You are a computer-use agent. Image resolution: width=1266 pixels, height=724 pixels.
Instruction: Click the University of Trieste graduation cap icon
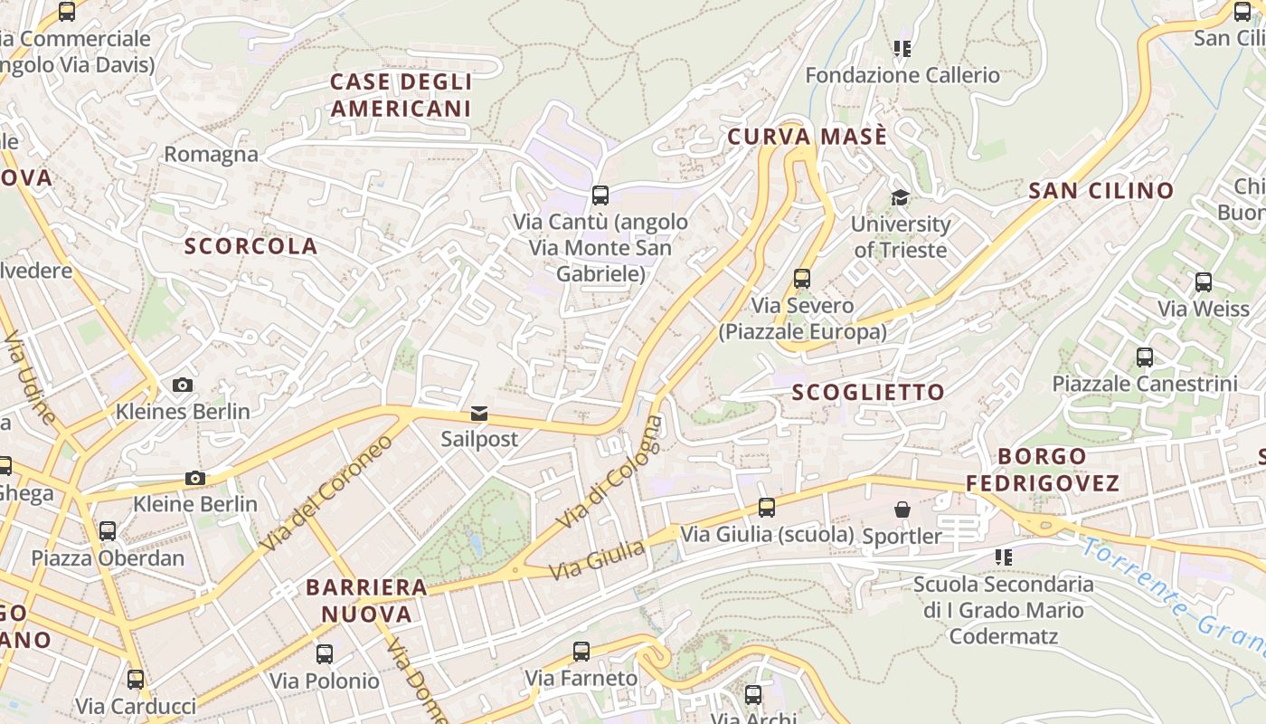coord(900,197)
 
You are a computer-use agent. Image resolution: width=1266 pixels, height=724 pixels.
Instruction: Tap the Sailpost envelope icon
coord(478,414)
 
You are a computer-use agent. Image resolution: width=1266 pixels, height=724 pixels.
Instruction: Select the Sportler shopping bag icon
coord(902,510)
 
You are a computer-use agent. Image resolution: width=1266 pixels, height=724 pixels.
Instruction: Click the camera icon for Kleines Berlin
coord(183,385)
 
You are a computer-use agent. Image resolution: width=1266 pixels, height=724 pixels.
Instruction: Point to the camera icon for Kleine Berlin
coord(194,478)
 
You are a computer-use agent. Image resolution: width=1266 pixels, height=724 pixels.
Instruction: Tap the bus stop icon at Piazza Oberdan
coord(108,531)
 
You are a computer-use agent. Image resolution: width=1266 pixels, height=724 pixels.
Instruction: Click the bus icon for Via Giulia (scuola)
coord(767,508)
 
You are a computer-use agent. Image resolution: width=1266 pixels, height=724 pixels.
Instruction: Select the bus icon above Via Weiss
coord(1203,282)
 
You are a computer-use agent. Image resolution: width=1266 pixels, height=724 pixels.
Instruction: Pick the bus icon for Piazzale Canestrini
coord(1145,357)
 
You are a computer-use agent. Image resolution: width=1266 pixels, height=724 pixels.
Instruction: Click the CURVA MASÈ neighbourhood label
coord(808,137)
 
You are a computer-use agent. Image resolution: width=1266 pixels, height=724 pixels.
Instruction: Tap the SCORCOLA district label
coord(251,246)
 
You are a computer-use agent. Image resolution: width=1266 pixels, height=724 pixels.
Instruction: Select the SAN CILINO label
coord(1101,191)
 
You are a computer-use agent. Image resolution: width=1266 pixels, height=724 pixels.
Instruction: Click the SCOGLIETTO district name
coord(868,392)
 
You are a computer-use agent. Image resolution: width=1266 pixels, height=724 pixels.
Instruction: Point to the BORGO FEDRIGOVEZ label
coord(1043,470)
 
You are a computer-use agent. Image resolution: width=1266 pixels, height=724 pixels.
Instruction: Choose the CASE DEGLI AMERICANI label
coord(401,95)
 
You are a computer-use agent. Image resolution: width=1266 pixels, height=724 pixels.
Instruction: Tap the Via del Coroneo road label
coord(326,493)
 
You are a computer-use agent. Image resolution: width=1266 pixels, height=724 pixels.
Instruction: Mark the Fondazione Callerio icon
coord(902,49)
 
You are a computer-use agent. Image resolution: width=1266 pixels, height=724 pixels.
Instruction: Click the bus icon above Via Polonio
coord(325,653)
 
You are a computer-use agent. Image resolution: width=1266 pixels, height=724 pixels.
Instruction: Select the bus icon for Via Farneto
coord(581,652)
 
